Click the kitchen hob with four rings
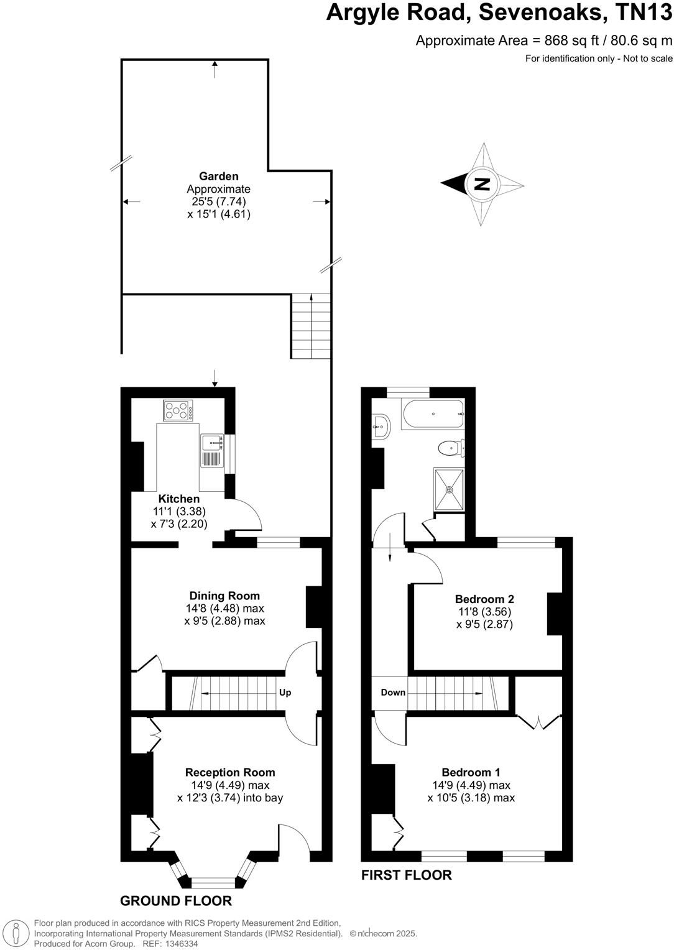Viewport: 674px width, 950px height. coord(178,410)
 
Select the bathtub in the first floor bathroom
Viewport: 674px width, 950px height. coord(433,414)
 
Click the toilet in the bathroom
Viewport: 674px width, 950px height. coord(450,448)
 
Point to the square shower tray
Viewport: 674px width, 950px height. coord(449,489)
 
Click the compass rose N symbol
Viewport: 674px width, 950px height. coord(482,184)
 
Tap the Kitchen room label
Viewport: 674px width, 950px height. coord(179,499)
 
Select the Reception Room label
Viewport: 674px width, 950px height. coord(230,772)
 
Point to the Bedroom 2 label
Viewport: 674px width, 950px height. coord(484,599)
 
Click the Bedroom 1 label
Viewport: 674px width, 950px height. coord(471,772)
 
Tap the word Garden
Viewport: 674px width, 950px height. coord(218,177)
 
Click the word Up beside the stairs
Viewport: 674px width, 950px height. coord(285,693)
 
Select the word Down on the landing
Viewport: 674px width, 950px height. coord(393,693)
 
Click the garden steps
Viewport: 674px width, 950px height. coord(310,326)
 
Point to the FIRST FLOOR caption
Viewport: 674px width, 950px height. coord(407,875)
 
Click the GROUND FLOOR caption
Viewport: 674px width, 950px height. coord(176,901)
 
